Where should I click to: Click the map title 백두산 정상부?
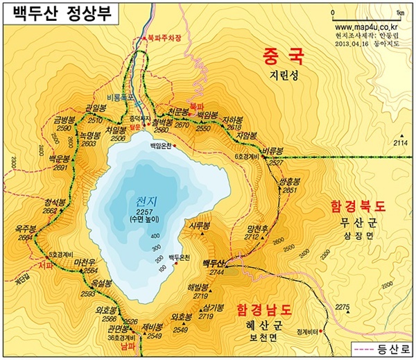pos(60,14)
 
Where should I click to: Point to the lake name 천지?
pos(146,201)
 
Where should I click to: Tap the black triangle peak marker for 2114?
pos(400,135)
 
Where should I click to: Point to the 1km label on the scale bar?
pos(400,13)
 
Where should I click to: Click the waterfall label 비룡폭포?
pos(119,99)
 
